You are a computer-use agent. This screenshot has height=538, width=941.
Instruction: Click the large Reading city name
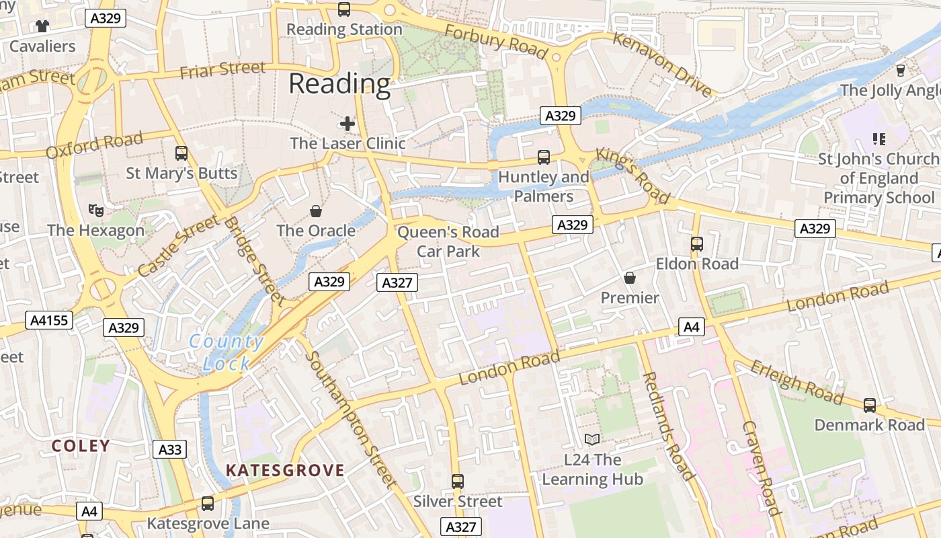tap(339, 84)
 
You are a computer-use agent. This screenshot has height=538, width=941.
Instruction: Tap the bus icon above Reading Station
tap(344, 9)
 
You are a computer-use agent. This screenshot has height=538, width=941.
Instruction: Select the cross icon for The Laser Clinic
tap(347, 123)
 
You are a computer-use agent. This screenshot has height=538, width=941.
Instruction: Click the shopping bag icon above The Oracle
tap(316, 211)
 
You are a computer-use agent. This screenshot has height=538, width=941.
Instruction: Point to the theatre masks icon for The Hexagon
tap(96, 210)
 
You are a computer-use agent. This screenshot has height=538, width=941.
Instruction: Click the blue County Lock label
tap(226, 352)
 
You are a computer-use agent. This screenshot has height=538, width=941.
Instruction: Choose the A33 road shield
tap(169, 449)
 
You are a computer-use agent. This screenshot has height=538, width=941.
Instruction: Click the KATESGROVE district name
tap(285, 470)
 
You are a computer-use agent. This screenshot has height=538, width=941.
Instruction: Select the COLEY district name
tap(81, 446)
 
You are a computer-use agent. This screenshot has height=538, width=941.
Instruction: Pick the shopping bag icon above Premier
tap(630, 277)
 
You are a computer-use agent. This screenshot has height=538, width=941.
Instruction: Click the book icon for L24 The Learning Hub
tap(592, 440)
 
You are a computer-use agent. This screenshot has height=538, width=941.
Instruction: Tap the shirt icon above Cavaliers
tap(43, 26)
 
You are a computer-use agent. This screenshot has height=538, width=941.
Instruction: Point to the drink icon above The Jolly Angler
tap(901, 70)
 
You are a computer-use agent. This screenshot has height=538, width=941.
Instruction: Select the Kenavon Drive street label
tap(662, 64)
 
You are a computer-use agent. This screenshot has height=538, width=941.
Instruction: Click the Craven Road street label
tap(762, 467)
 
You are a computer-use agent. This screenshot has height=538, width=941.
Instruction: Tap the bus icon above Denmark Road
tap(870, 405)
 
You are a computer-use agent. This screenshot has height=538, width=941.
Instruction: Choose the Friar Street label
tap(223, 69)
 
